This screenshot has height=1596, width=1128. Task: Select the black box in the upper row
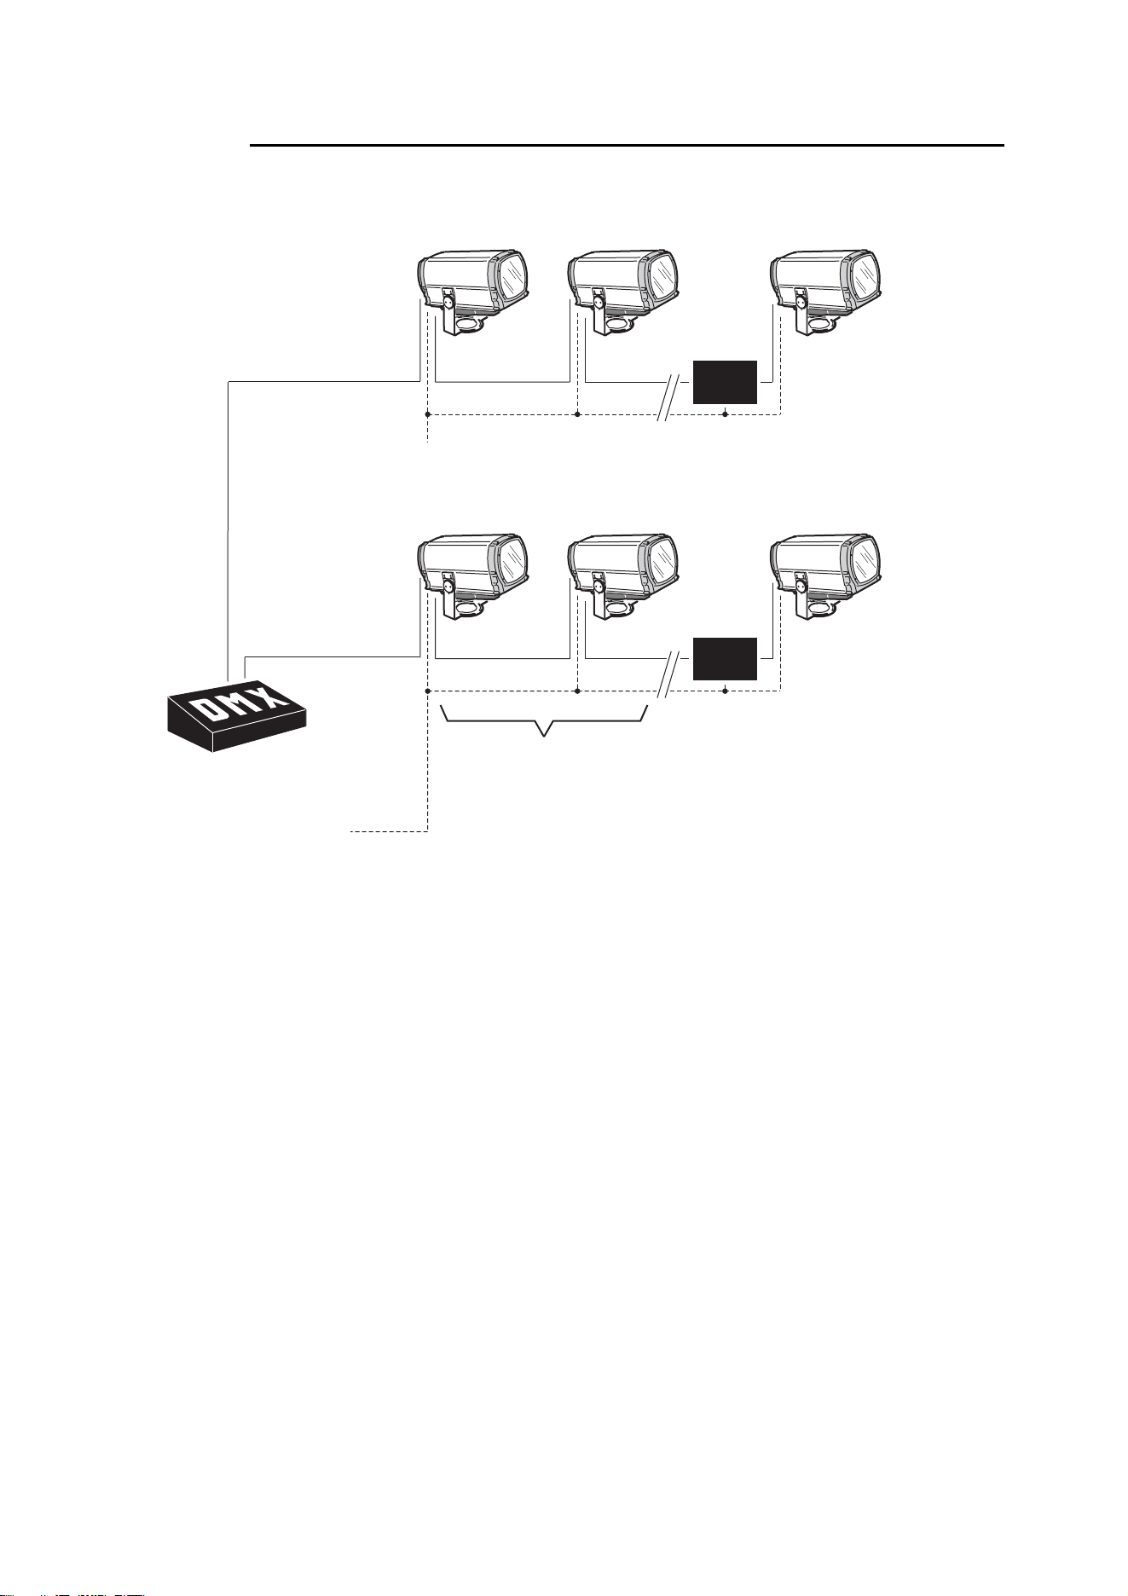(725, 382)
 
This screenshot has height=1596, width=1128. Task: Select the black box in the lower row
(725, 658)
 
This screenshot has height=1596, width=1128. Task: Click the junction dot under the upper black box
(725, 415)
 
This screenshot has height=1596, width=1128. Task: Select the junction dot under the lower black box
(725, 691)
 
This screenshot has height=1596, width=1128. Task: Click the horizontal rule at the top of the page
(627, 146)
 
